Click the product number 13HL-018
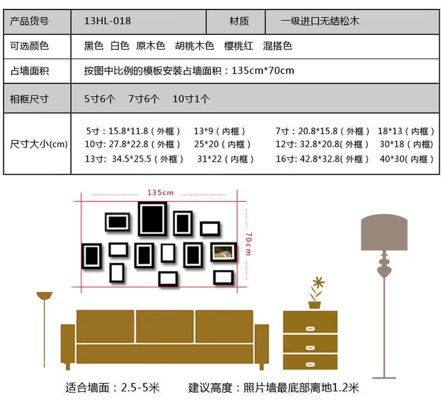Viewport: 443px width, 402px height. [107, 21]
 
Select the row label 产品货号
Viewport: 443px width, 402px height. [30, 21]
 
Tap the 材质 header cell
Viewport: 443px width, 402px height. [239, 21]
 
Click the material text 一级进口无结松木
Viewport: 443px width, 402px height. [320, 21]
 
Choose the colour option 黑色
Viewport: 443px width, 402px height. [94, 46]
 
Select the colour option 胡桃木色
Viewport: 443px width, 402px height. [194, 46]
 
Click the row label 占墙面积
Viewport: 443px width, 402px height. [30, 71]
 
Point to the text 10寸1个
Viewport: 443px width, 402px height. [191, 99]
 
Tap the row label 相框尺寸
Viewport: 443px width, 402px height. [30, 99]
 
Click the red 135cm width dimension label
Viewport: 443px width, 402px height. [160, 193]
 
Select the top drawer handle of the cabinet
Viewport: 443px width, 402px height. [310, 327]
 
